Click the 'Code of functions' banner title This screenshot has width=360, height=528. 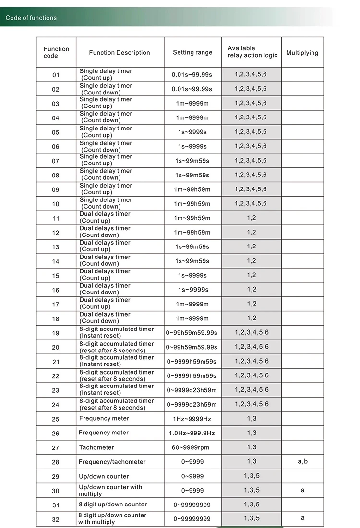31,18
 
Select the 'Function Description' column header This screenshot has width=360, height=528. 120,53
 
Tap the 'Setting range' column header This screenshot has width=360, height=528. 192,52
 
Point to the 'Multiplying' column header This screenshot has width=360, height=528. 302,53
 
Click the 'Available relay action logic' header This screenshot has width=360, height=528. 252,52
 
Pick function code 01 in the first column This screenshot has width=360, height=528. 56,75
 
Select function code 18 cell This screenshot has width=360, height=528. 56,318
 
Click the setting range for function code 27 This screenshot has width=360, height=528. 192,447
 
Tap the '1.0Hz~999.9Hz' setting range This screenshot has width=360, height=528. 192,433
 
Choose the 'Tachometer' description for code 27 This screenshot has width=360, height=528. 96,447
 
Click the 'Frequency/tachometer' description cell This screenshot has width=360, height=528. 112,462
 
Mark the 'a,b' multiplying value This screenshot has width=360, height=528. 302,461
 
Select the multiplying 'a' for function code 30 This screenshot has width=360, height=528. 302,490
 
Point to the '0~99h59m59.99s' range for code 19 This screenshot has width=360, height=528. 192,333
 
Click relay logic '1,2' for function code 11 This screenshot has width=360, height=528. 252,218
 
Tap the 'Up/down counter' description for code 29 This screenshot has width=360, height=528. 104,476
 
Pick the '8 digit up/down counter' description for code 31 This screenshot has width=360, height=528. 113,504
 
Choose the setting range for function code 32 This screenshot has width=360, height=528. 192,519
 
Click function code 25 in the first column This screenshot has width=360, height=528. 56,419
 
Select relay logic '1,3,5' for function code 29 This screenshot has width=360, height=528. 252,476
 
